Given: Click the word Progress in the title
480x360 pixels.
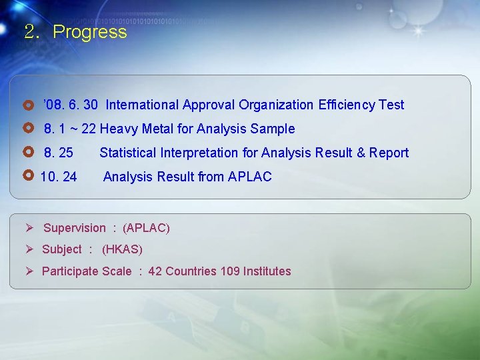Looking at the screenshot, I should pyautogui.click(x=89, y=32).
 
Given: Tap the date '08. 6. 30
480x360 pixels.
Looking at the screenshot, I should pyautogui.click(x=71, y=105).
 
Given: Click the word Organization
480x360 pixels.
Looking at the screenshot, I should pyautogui.click(x=277, y=105).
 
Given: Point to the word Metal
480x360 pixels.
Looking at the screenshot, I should pyautogui.click(x=158, y=129).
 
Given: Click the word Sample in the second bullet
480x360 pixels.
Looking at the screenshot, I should pyautogui.click(x=273, y=129).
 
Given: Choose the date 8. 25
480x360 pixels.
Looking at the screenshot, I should pyautogui.click(x=59, y=153).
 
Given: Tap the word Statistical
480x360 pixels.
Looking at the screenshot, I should pyautogui.click(x=128, y=153).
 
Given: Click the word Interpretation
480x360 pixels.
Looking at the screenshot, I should pyautogui.click(x=199, y=153).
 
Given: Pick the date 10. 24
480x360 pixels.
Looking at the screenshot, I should pyautogui.click(x=59, y=177).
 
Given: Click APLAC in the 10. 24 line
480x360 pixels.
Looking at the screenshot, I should pyautogui.click(x=249, y=177).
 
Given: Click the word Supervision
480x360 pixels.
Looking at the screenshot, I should pyautogui.click(x=75, y=228).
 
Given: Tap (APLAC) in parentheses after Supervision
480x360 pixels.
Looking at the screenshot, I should pyautogui.click(x=147, y=228).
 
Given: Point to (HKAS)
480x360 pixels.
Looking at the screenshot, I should pyautogui.click(x=122, y=249).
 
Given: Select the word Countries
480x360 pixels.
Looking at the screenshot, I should pyautogui.click(x=191, y=271).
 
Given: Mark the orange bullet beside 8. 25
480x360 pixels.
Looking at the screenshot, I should pyautogui.click(x=28, y=152).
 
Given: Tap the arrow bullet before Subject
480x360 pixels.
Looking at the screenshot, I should pyautogui.click(x=29, y=249).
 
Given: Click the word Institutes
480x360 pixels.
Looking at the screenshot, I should pyautogui.click(x=267, y=271).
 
